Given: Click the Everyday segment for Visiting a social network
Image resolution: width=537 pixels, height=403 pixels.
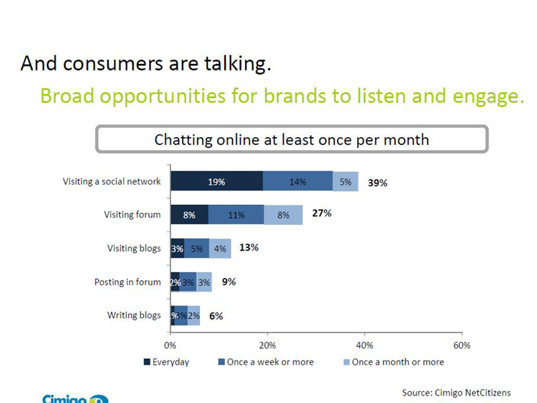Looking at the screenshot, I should tap(216, 181).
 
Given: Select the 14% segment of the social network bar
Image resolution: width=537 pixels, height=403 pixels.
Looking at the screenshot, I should tap(297, 181).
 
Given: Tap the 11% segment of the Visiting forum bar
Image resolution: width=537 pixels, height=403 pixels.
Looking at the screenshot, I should tap(236, 215).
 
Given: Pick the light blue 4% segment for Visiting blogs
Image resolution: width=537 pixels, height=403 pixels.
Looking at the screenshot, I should tap(220, 249).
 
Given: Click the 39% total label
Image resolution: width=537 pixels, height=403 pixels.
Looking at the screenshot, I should tap(377, 183).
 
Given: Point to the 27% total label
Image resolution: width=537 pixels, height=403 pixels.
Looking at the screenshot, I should tap(322, 214).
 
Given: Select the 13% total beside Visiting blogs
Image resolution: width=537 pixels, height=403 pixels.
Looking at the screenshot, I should tap(249, 247).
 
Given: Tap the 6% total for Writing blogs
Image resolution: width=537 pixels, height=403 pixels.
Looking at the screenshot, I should tap(215, 316).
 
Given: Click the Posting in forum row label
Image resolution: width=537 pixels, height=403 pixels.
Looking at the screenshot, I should tap(128, 282).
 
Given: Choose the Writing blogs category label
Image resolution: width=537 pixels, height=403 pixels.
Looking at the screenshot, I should tap(134, 316).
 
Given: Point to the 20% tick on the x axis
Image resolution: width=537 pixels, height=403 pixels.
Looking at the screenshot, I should tap(267, 345).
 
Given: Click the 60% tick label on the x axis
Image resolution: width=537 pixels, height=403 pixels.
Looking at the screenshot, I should tap(462, 345).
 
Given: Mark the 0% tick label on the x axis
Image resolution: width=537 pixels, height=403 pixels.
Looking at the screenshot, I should tap(170, 345).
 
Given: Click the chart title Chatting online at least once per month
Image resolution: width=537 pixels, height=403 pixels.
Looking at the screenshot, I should tap(291, 140).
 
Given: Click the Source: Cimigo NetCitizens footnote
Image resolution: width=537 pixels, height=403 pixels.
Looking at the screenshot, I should tap(456, 392).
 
